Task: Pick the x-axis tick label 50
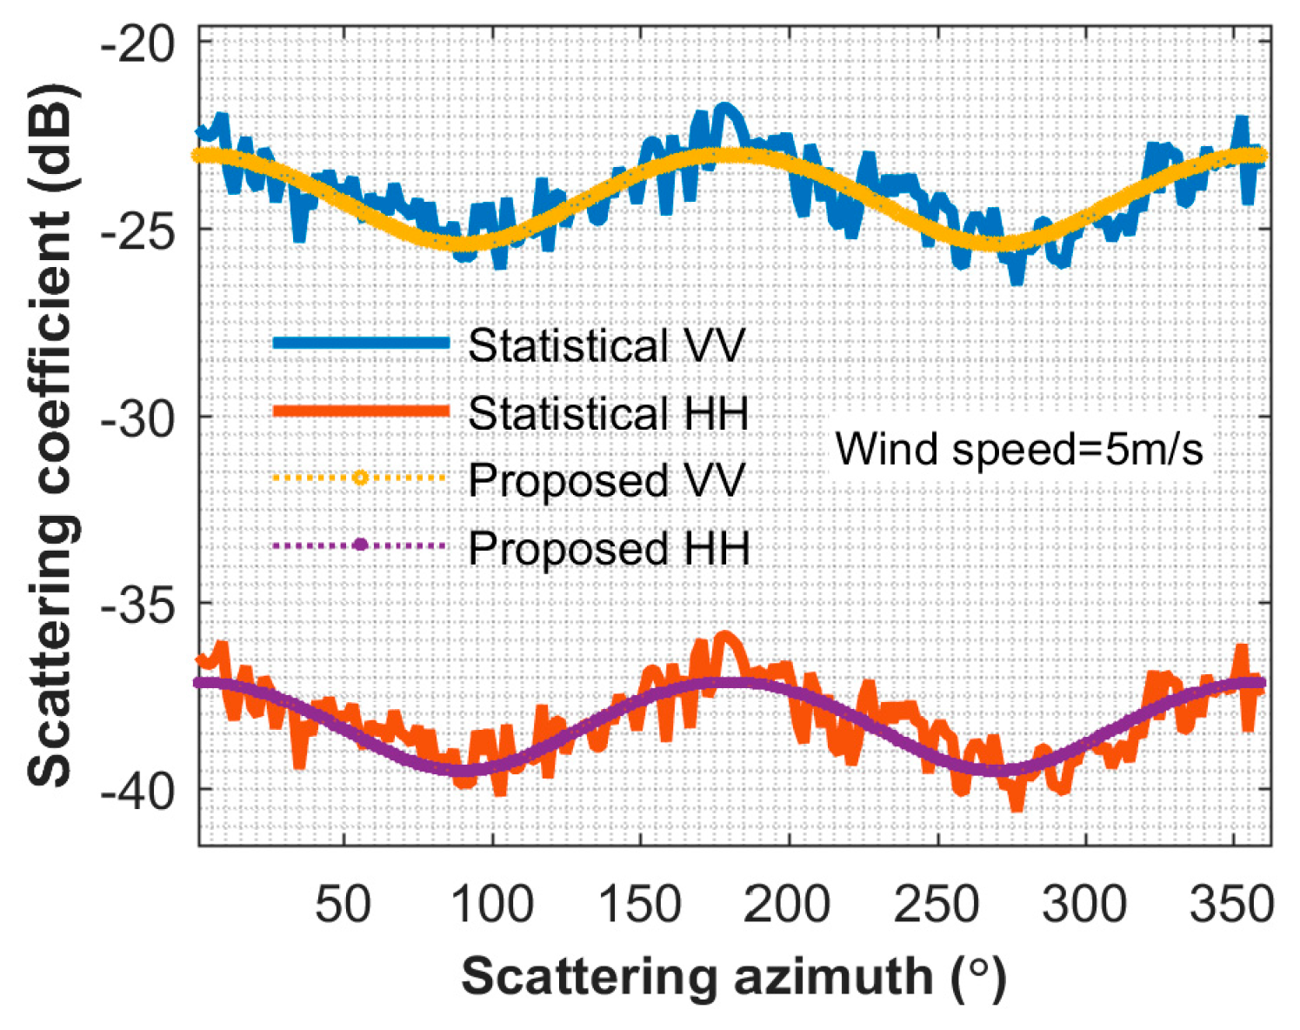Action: click(343, 904)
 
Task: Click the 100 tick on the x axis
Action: click(492, 904)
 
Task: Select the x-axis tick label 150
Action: click(641, 904)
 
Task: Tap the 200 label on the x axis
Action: click(789, 904)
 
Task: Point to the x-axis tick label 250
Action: click(937, 904)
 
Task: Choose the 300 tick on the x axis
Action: click(1085, 904)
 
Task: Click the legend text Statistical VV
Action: click(607, 345)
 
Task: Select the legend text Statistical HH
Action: click(609, 412)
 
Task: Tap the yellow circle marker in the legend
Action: click(360, 478)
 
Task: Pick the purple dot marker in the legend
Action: click(360, 545)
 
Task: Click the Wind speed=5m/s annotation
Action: click(1019, 450)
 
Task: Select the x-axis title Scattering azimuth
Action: click(733, 976)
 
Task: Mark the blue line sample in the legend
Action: click(360, 343)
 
